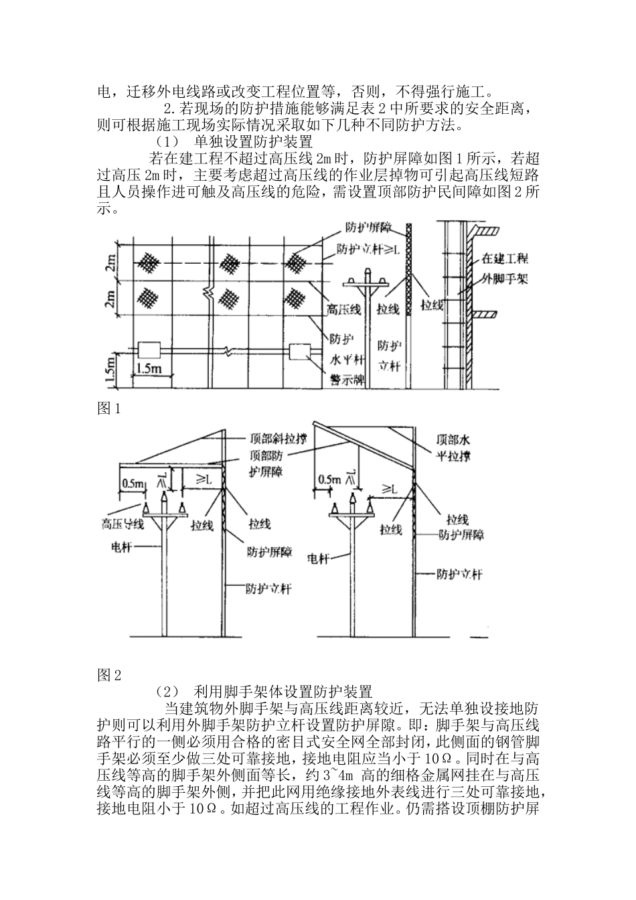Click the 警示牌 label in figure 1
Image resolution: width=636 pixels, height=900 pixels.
[345, 380]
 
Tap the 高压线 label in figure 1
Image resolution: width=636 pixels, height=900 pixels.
[343, 309]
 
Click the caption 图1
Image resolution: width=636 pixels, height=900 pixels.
[108, 409]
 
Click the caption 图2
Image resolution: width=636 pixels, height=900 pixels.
[108, 675]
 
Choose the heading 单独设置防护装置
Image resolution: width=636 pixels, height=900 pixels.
[253, 142]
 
